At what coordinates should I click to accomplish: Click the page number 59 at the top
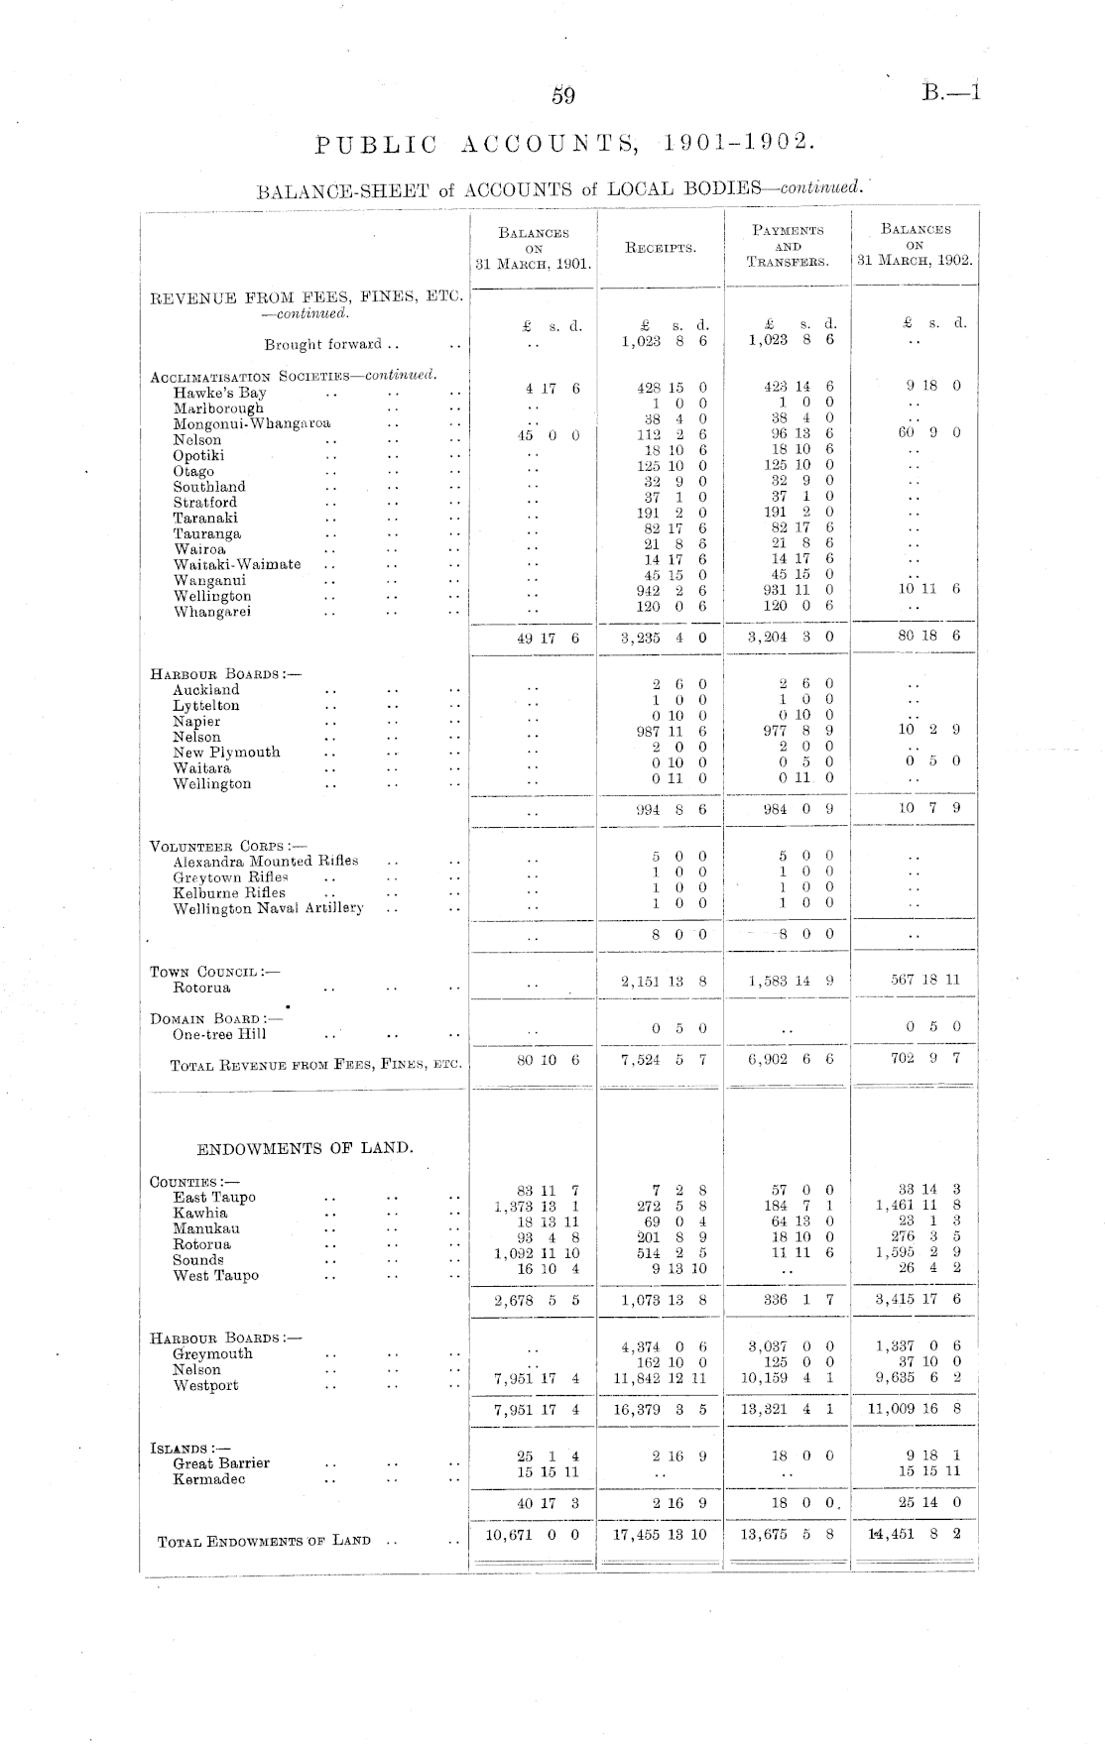point(563,96)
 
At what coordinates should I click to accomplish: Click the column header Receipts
point(661,248)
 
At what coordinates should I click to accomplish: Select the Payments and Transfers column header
point(789,246)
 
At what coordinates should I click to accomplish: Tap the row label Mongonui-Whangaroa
point(252,424)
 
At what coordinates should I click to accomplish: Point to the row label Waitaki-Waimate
point(237,565)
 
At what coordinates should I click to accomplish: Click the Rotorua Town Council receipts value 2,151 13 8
point(664,982)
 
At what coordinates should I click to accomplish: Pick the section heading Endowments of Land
point(305,1148)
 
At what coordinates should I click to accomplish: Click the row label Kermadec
point(209,1479)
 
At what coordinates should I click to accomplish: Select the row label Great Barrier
point(221,1463)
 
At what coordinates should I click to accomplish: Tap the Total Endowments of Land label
point(265,1541)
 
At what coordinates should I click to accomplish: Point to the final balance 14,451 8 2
point(914,1535)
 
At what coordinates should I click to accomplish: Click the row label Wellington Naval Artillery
point(269,908)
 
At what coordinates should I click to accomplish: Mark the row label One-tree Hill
point(219,1035)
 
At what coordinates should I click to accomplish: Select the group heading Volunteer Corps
point(214,846)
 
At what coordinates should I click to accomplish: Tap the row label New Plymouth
point(226,753)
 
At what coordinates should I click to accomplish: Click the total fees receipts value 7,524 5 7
point(663,1060)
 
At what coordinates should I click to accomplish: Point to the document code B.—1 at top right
point(949,94)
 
